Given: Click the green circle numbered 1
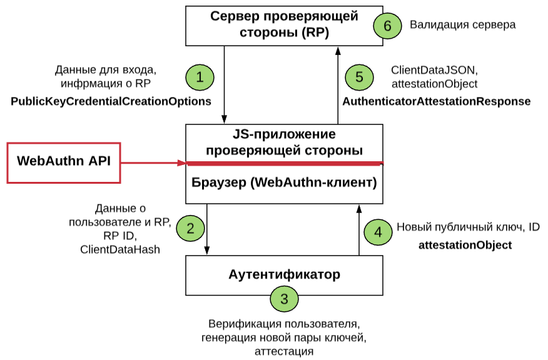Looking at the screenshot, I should click(x=200, y=77).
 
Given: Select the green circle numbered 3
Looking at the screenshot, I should click(x=285, y=299).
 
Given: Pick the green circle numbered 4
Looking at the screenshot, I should click(x=377, y=232).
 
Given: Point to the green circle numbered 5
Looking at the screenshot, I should click(x=358, y=77).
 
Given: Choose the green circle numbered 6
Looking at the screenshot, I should click(x=387, y=26).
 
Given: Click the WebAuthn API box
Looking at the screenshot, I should click(x=63, y=162).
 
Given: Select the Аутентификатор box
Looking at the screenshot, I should click(x=284, y=274).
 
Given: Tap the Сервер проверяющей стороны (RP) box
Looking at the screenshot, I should click(x=284, y=24).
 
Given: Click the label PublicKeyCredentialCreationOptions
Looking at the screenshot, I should click(x=111, y=101).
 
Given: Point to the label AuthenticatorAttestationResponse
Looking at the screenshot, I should click(x=436, y=101).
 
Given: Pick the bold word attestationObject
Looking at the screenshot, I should click(x=465, y=245).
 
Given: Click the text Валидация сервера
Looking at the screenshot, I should click(x=463, y=26).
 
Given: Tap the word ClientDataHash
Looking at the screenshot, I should click(x=119, y=250).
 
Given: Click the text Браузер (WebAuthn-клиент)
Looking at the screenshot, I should click(x=284, y=183).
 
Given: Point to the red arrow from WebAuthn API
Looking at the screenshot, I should click(x=153, y=163).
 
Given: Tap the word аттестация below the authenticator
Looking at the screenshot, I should click(x=284, y=351).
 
